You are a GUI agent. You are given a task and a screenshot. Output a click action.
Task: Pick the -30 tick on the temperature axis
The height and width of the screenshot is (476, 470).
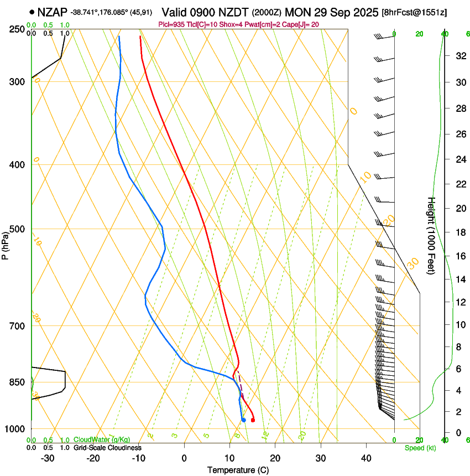point(48,458)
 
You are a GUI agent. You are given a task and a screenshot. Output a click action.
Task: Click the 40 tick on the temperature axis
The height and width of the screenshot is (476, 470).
point(365,458)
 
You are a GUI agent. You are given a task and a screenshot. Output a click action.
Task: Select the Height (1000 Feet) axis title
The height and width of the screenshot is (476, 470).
point(431,235)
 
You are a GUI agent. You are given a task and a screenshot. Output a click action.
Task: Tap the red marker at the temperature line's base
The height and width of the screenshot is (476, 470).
point(253,421)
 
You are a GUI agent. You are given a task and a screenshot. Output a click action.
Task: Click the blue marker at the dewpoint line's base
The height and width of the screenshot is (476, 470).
point(243,420)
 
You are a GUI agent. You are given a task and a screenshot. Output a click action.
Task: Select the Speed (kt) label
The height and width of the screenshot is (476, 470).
point(420,448)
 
